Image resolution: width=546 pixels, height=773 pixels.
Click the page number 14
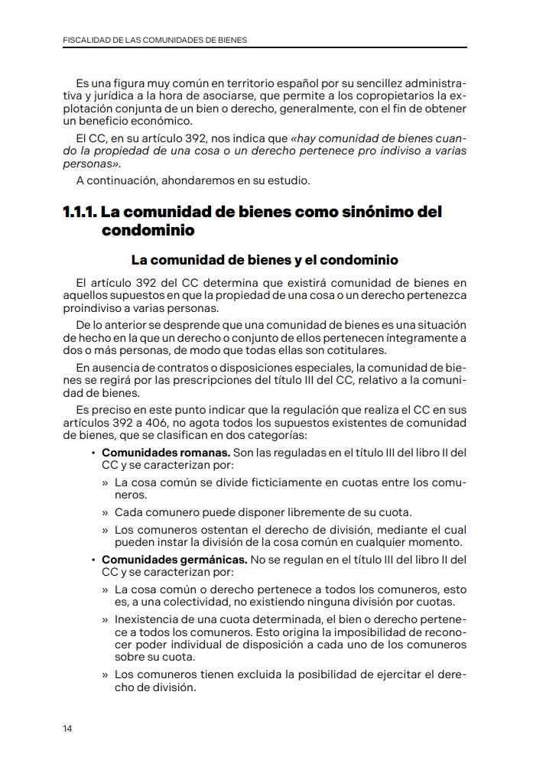click(x=68, y=729)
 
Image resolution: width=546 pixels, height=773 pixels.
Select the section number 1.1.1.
click(x=80, y=212)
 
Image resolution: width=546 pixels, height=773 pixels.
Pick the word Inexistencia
click(x=149, y=619)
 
